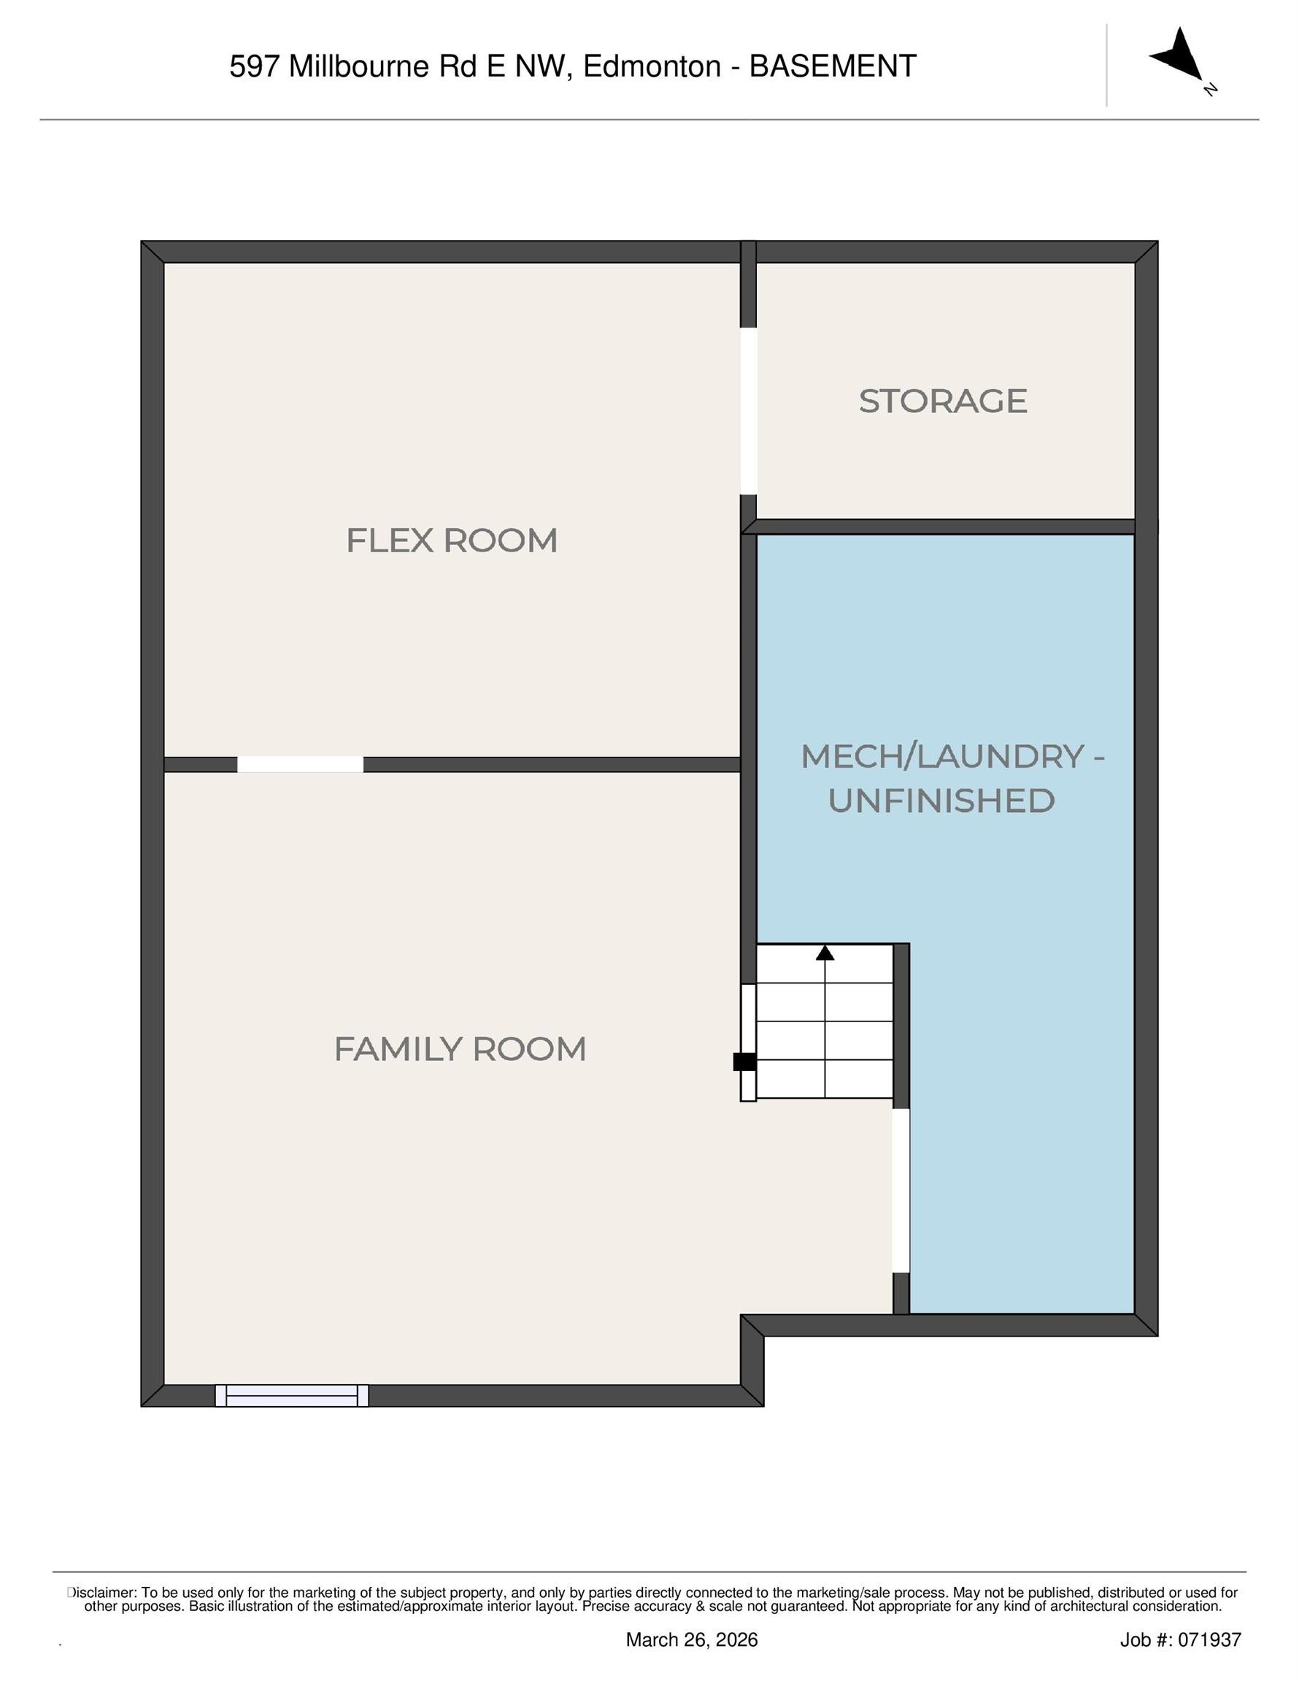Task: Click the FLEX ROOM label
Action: pyautogui.click(x=451, y=541)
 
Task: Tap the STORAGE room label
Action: pyautogui.click(x=942, y=401)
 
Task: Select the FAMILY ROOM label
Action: pyautogui.click(x=460, y=1049)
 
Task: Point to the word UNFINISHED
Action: pyautogui.click(x=941, y=801)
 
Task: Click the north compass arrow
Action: pyautogui.click(x=1179, y=53)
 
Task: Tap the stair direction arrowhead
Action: pyautogui.click(x=825, y=953)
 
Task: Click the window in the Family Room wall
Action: pyautogui.click(x=291, y=1396)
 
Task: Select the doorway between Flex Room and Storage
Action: pyautogui.click(x=749, y=410)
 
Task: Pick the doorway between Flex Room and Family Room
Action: pyautogui.click(x=300, y=765)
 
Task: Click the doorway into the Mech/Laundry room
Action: pyautogui.click(x=901, y=1190)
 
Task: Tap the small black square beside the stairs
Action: pyautogui.click(x=744, y=1062)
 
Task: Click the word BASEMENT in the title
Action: pyautogui.click(x=833, y=67)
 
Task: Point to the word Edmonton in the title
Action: pyautogui.click(x=652, y=67)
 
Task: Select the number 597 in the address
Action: pyautogui.click(x=253, y=67)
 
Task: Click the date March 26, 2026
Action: pyautogui.click(x=692, y=1639)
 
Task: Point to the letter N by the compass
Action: pyautogui.click(x=1210, y=89)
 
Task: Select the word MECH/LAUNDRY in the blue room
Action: pyautogui.click(x=944, y=757)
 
